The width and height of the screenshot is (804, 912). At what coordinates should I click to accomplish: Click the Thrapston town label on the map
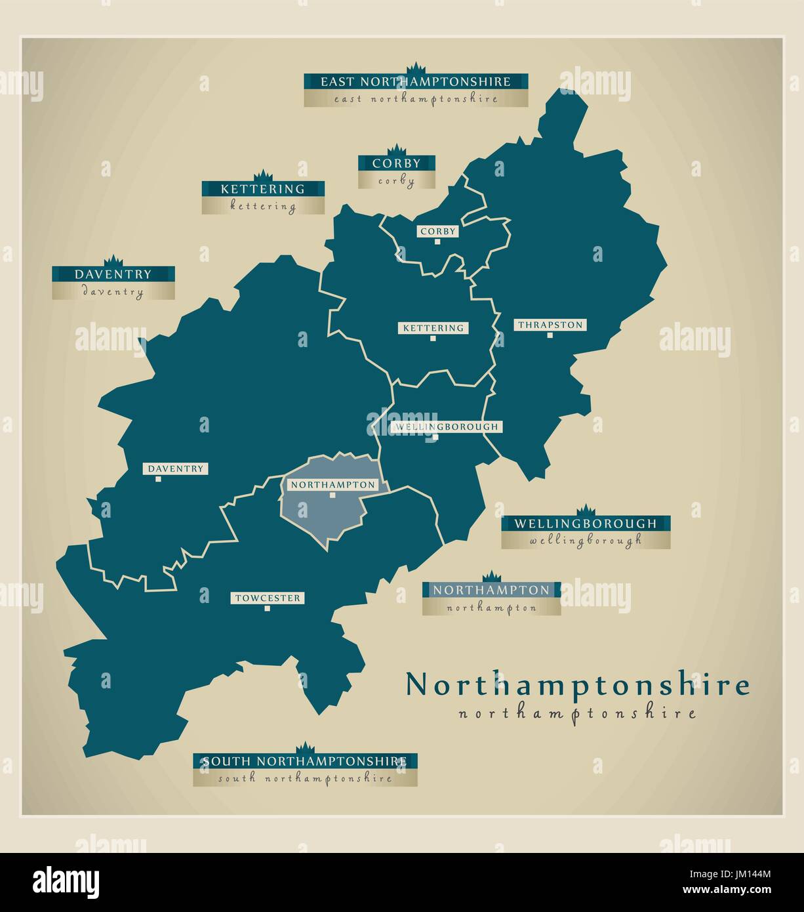550,325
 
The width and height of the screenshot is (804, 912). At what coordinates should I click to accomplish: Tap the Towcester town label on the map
267,598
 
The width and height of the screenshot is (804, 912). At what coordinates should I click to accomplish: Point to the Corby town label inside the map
437,232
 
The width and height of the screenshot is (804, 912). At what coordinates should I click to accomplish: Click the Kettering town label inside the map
433,328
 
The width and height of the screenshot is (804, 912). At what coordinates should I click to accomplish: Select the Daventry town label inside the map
175,469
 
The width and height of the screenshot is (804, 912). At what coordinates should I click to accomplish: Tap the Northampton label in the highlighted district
332,485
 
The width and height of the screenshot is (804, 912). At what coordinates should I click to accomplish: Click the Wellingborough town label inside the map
447,427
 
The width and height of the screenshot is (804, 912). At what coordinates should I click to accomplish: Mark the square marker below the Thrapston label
550,335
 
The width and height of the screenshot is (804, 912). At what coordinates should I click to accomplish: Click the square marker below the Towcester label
267,608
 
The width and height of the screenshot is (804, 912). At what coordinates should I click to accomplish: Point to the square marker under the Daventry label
158,479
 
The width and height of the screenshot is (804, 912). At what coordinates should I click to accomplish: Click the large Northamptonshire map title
577,685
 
